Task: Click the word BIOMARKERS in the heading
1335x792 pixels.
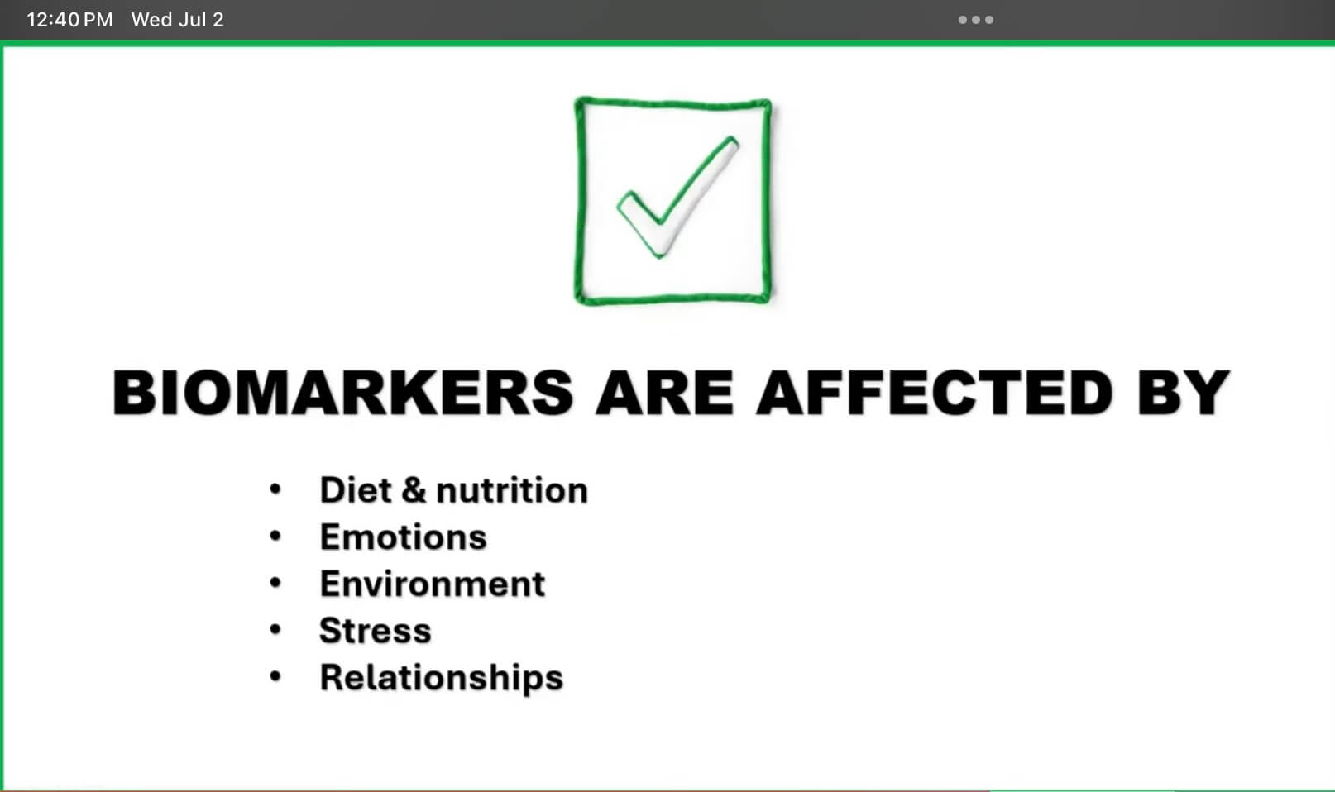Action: (342, 393)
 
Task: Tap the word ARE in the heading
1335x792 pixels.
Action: (664, 393)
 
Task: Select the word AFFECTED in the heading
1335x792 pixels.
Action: (934, 393)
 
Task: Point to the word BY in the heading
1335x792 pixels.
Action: (1184, 393)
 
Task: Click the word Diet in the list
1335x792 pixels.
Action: (356, 490)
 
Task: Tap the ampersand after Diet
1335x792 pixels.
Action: (414, 490)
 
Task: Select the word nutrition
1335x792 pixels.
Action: (512, 490)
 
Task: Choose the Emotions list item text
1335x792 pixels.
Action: (404, 537)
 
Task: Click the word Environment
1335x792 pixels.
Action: (433, 584)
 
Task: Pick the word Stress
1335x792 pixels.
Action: (376, 631)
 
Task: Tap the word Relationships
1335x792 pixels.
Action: (442, 678)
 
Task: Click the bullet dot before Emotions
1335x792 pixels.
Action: (275, 536)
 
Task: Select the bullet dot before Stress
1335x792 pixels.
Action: (275, 629)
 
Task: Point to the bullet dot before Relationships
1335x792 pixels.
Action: (275, 676)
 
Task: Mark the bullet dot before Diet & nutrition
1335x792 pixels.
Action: (275, 489)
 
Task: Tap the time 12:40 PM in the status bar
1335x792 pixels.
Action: (69, 20)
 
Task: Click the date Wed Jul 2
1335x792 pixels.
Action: (178, 20)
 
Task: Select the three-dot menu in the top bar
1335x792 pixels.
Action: (976, 20)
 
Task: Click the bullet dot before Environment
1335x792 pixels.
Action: (275, 582)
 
